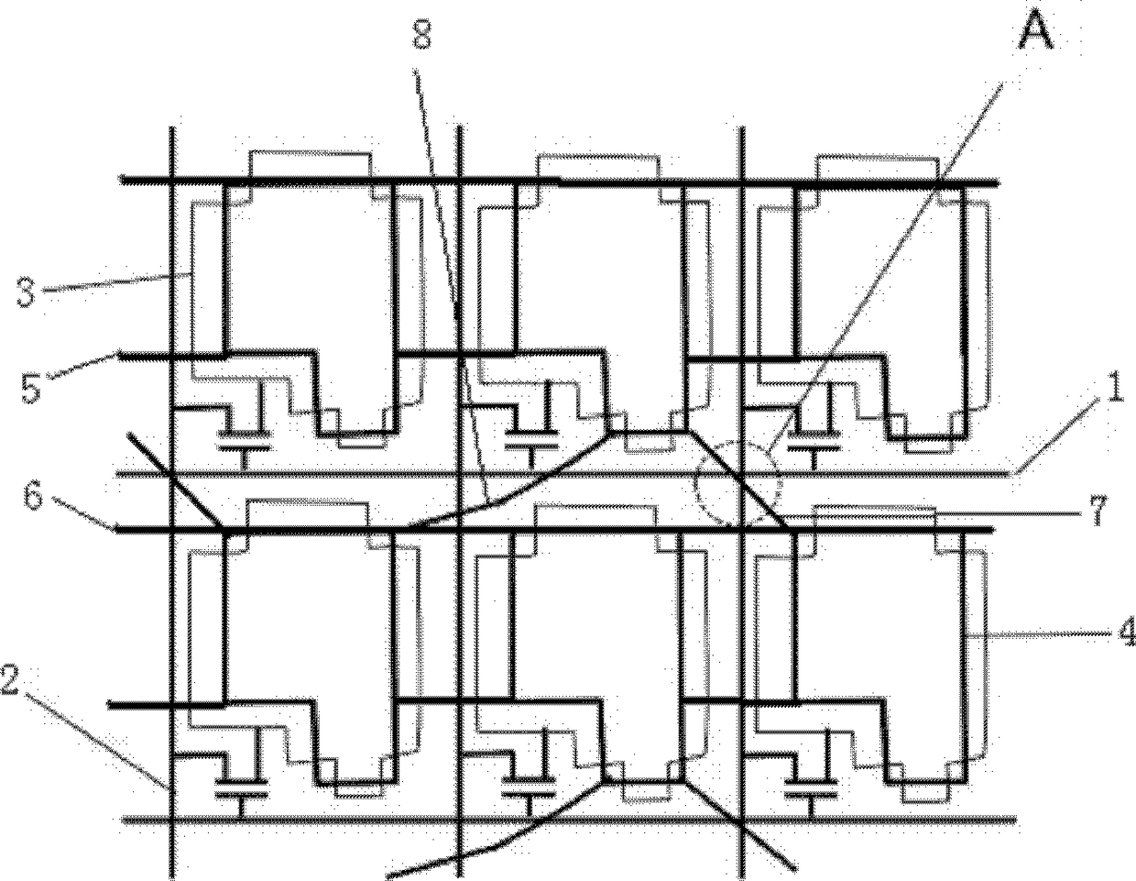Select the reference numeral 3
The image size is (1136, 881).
click(27, 293)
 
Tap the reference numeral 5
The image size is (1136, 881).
click(31, 388)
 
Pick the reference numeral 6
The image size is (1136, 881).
click(34, 501)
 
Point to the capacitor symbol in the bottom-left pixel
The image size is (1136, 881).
click(242, 790)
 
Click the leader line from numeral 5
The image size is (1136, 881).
click(83, 364)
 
